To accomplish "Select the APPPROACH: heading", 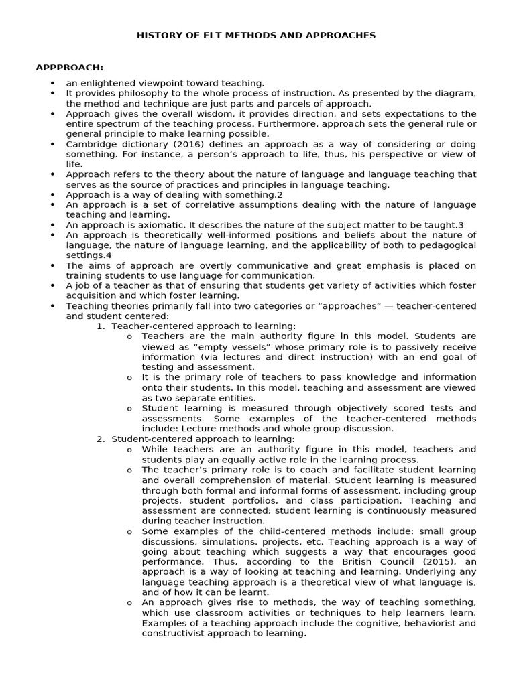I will (69, 68).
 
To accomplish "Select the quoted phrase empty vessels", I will (224, 346).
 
